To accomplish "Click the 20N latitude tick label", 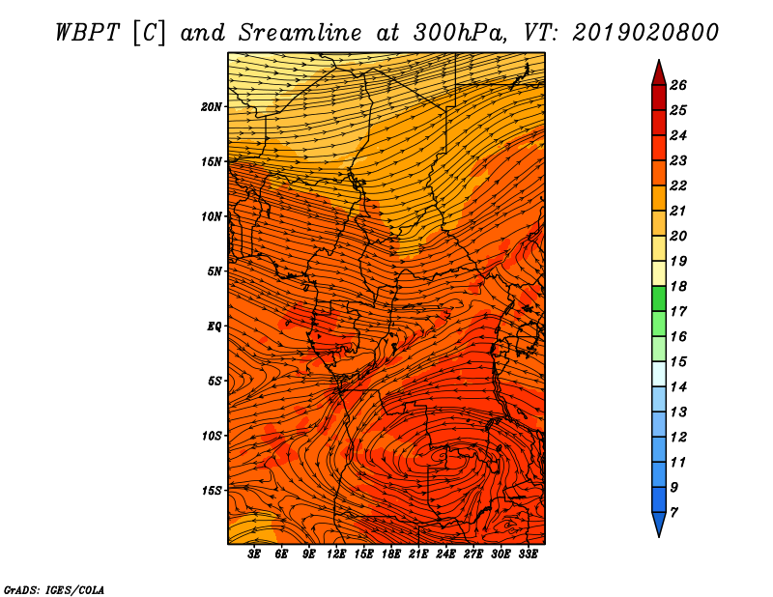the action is (212, 106).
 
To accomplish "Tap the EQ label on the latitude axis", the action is (214, 326).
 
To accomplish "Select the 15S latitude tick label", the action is (212, 491).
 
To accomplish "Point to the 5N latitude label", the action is (215, 271).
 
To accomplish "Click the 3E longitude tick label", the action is (254, 554).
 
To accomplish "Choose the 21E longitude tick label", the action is (418, 554).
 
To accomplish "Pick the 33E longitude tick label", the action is (528, 554).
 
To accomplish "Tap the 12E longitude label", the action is (336, 554).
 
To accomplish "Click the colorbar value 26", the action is (678, 85).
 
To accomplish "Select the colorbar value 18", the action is (678, 286).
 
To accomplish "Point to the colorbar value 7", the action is (673, 513).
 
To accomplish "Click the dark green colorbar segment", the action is (659, 298).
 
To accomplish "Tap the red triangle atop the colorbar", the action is (659, 73).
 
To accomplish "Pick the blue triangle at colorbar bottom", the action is (659, 524).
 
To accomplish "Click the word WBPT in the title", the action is (87, 33).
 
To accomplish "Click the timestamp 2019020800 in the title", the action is (645, 33).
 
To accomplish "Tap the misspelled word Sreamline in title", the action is (301, 33).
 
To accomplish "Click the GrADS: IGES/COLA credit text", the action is (54, 589).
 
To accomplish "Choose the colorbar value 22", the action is (678, 185).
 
